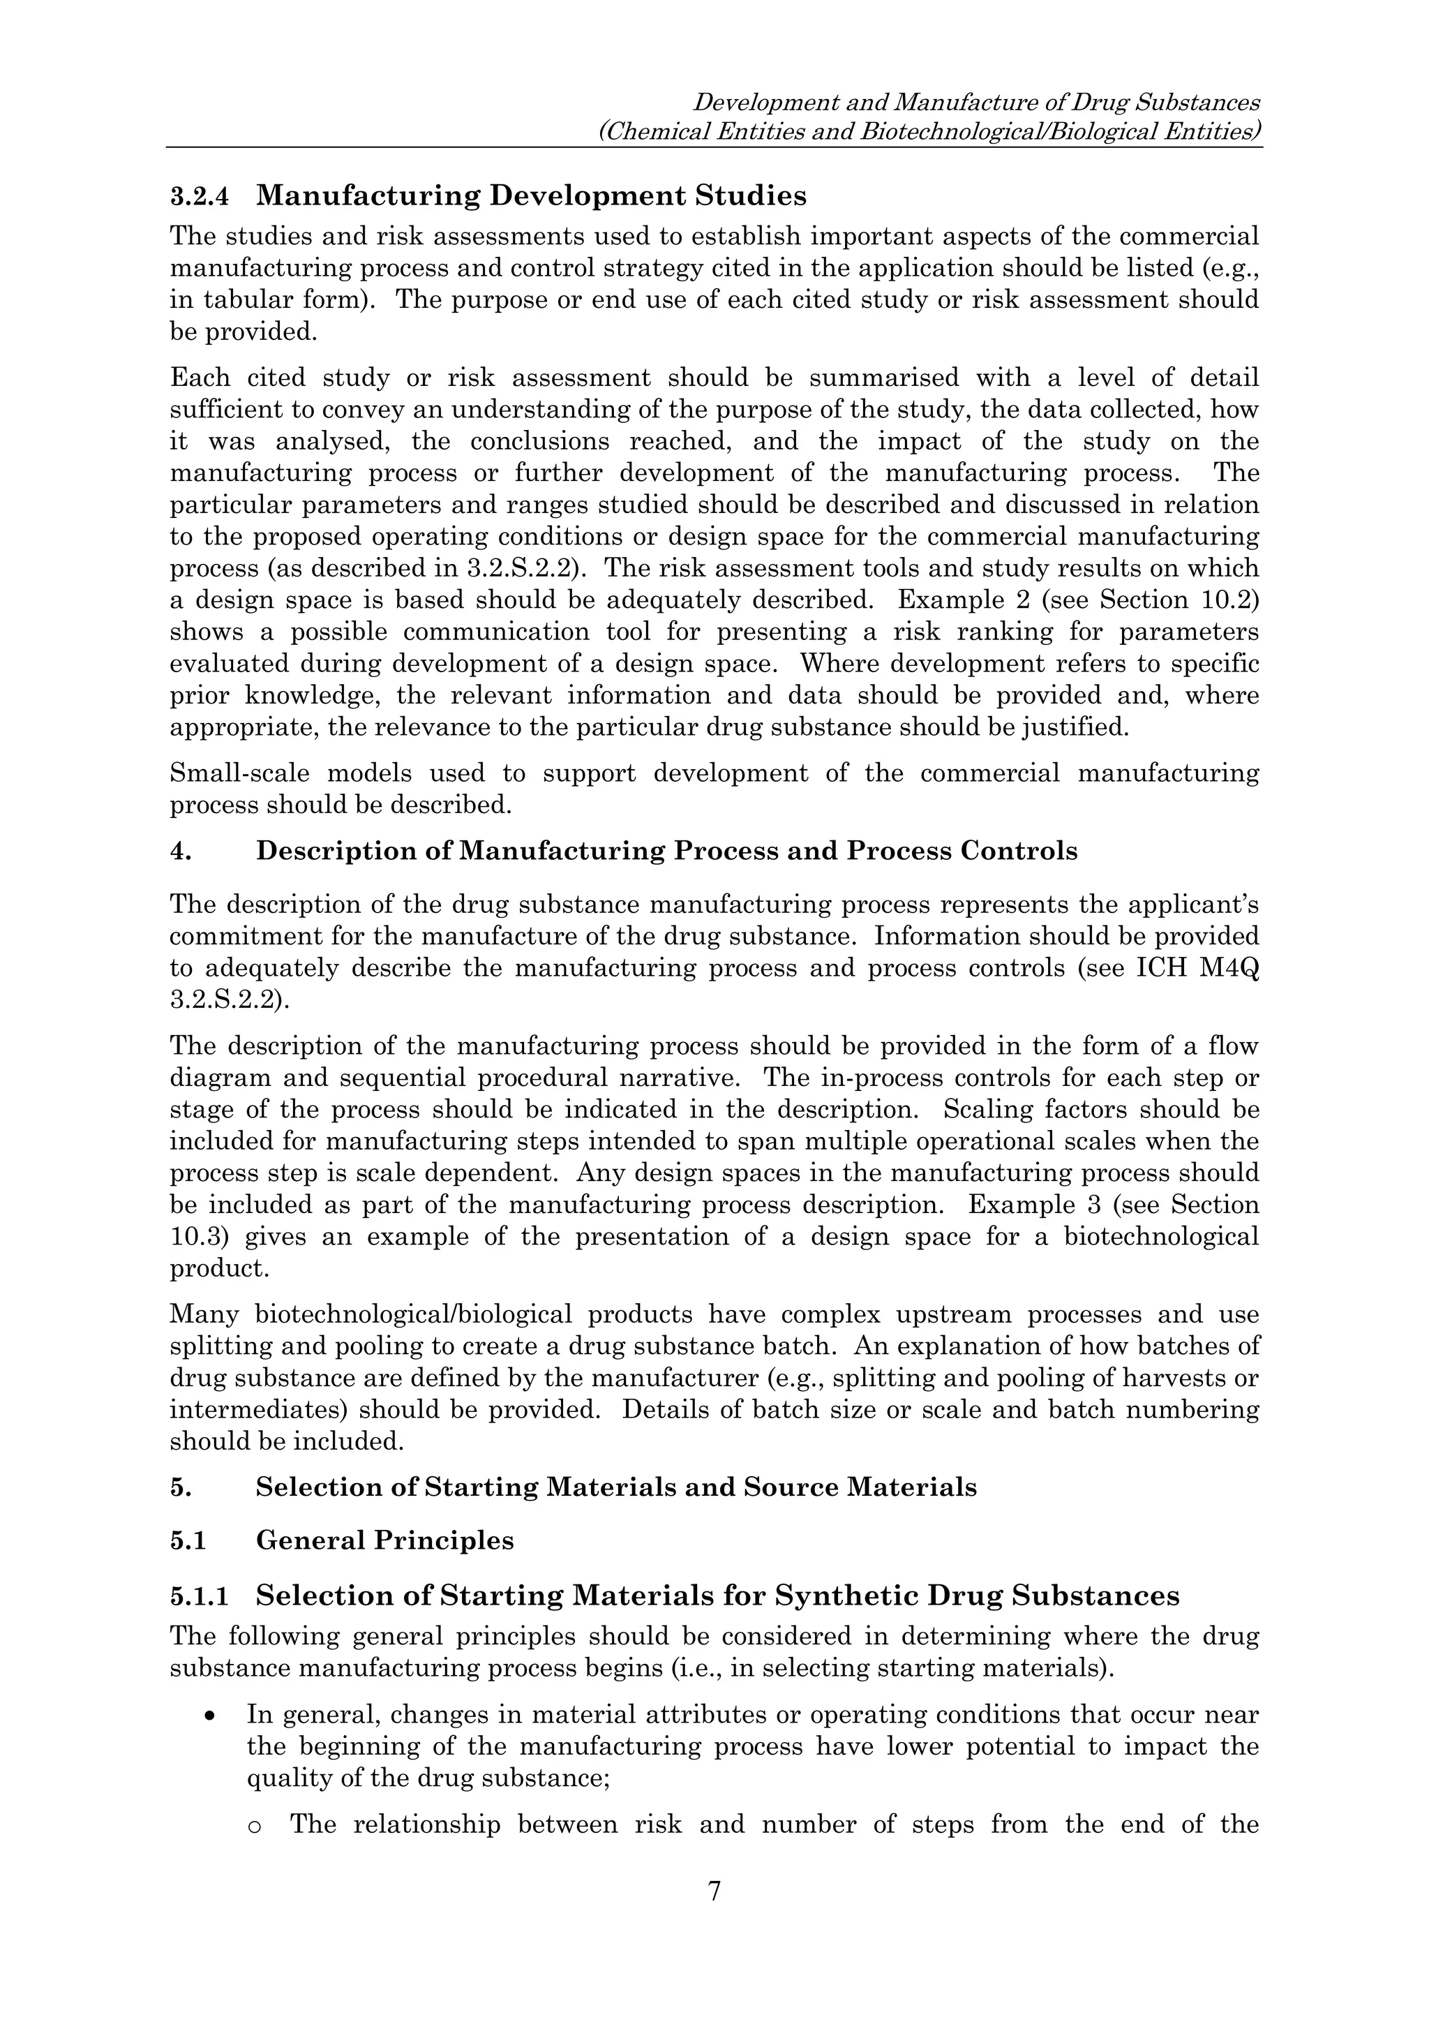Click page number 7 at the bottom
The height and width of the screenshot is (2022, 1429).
714,1890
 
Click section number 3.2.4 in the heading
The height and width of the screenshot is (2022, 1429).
199,196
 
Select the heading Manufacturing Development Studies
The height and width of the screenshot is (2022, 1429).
531,195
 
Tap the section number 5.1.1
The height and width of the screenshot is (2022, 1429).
199,1597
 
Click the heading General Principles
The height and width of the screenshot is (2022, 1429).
384,1540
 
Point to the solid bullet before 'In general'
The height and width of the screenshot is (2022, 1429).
209,1716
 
